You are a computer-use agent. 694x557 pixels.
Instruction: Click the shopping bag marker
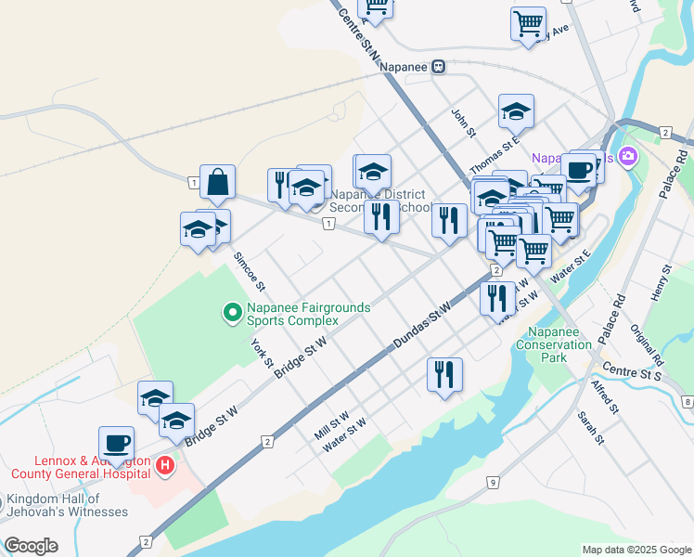[x=217, y=183]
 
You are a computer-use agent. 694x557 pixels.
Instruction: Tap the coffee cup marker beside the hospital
[x=117, y=444]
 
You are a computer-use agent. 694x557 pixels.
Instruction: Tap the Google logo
[x=31, y=546]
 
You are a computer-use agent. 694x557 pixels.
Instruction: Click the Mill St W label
[x=330, y=427]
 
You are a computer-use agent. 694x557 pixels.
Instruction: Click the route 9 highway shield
[x=494, y=482]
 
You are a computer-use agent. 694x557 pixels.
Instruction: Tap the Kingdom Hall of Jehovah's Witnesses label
[x=67, y=505]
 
